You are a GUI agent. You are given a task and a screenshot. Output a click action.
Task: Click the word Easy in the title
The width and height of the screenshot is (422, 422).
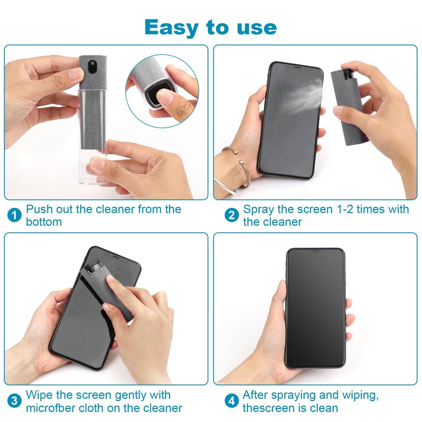pyautogui.click(x=172, y=27)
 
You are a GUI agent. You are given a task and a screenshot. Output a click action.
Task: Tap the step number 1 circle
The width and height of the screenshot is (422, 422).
pyautogui.click(x=14, y=215)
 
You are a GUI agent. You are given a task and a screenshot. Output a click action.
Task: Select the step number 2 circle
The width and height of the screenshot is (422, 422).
pyautogui.click(x=232, y=215)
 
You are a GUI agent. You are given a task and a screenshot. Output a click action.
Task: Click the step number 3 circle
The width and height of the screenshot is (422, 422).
pyautogui.click(x=14, y=401)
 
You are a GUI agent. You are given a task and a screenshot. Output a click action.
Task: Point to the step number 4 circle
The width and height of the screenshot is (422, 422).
pyautogui.click(x=232, y=401)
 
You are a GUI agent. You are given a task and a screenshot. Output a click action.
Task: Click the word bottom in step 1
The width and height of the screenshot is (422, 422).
pyautogui.click(x=44, y=222)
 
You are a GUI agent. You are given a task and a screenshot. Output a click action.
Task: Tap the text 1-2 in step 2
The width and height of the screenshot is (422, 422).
pyautogui.click(x=342, y=209)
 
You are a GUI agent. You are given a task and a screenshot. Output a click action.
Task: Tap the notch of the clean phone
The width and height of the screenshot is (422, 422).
pyautogui.click(x=315, y=251)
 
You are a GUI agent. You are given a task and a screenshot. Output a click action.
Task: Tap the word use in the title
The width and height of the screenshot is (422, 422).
pyautogui.click(x=255, y=27)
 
